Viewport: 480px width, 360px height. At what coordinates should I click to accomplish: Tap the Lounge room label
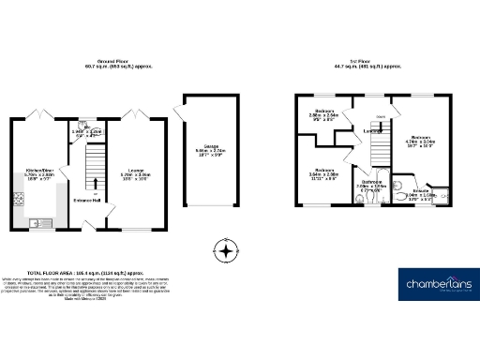(137, 172)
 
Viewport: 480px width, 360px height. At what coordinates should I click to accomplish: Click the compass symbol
(224, 250)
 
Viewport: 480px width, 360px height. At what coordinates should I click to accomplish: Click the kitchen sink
(43, 223)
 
